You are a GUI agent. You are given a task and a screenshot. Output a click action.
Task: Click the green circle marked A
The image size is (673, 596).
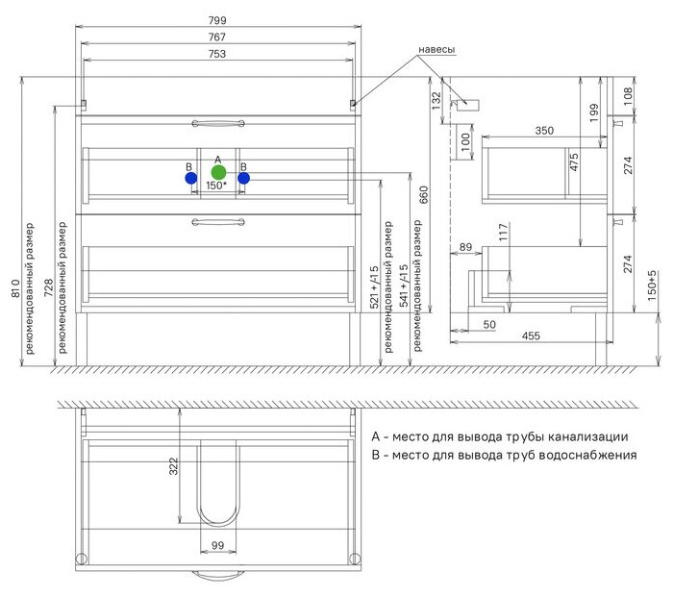click(x=218, y=173)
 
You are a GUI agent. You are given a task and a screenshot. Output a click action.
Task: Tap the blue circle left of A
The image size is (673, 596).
click(x=191, y=178)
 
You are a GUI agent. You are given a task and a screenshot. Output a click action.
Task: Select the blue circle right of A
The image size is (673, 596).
click(x=244, y=178)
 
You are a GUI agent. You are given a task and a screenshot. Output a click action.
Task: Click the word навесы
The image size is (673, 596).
click(x=436, y=49)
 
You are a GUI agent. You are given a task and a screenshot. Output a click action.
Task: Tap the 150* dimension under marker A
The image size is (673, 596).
click(x=217, y=186)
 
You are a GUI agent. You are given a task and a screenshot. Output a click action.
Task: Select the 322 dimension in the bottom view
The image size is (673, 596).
click(x=174, y=466)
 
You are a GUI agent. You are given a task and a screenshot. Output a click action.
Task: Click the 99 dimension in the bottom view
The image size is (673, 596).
click(x=218, y=546)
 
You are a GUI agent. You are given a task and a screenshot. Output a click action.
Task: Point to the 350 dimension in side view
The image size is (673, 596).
click(x=545, y=129)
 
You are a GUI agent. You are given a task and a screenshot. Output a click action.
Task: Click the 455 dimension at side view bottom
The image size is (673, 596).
click(x=531, y=335)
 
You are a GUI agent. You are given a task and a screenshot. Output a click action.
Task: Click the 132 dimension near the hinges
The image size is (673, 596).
click(x=436, y=97)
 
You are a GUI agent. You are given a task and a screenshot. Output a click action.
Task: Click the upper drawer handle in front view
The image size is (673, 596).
click(x=219, y=122)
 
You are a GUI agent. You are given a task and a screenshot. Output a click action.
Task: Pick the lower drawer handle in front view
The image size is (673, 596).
click(x=219, y=223)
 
